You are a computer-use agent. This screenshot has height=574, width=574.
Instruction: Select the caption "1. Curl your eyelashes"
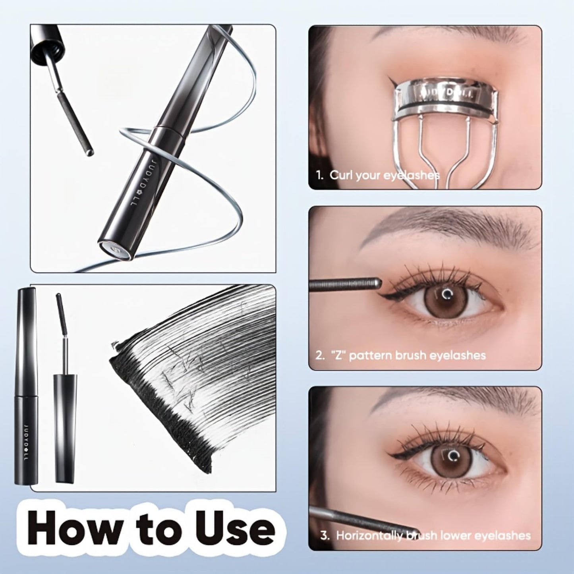click(x=378, y=175)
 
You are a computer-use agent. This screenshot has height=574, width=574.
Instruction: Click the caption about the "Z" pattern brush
click(x=400, y=355)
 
